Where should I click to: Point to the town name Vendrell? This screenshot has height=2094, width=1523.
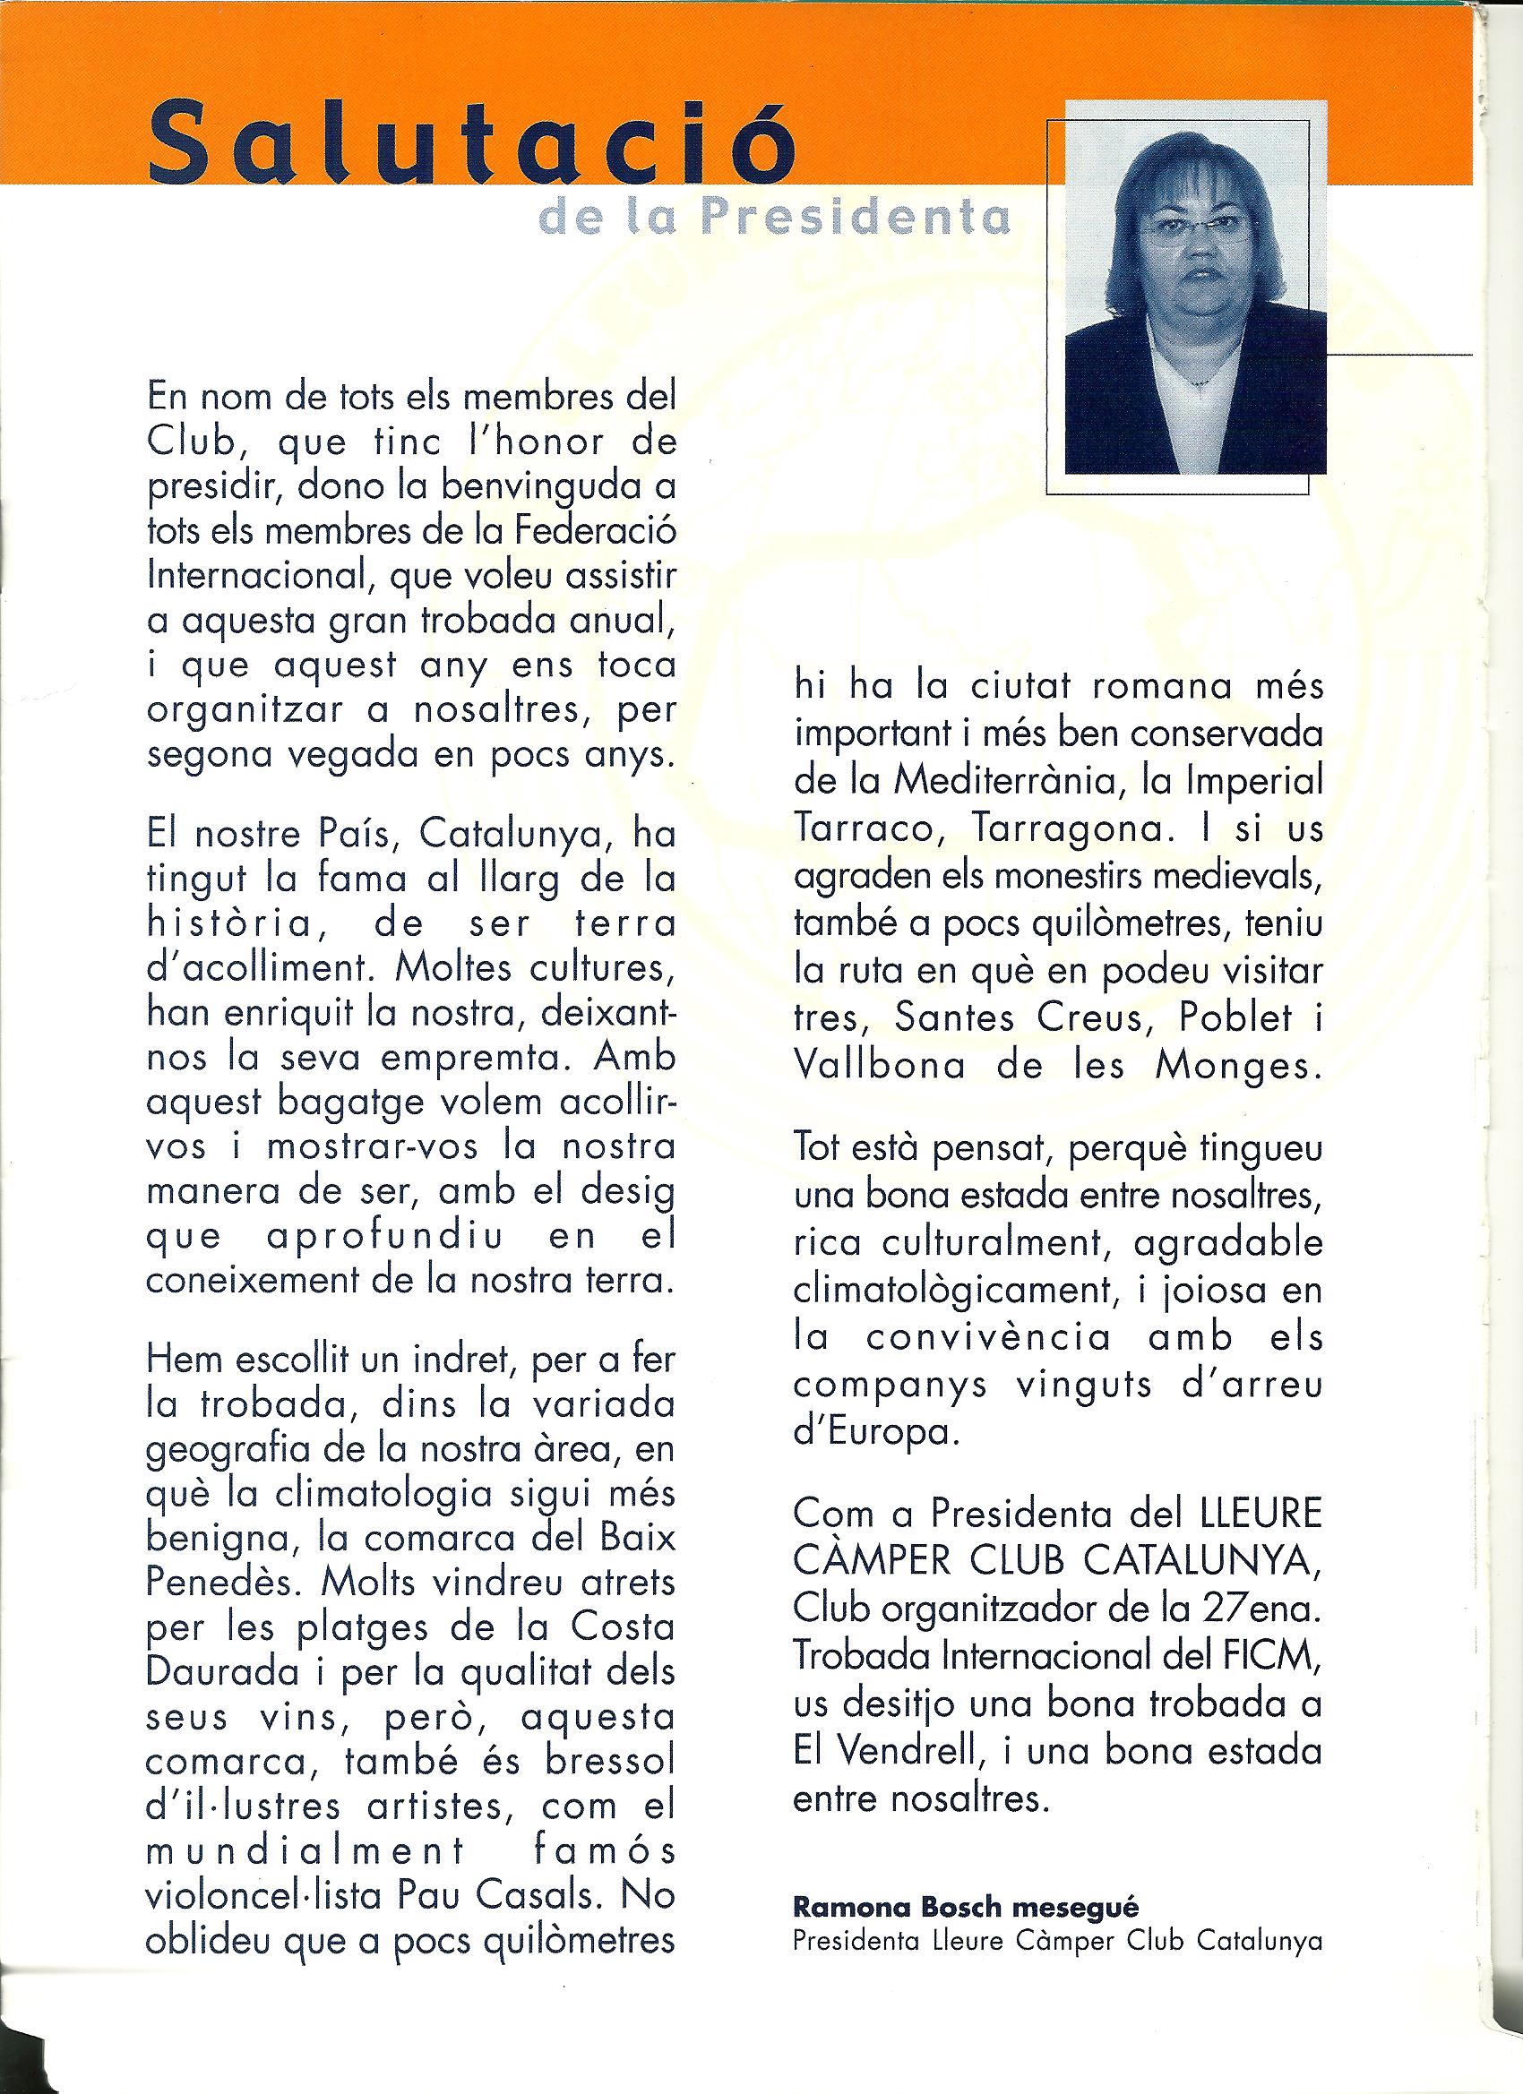pyautogui.click(x=925, y=1751)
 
